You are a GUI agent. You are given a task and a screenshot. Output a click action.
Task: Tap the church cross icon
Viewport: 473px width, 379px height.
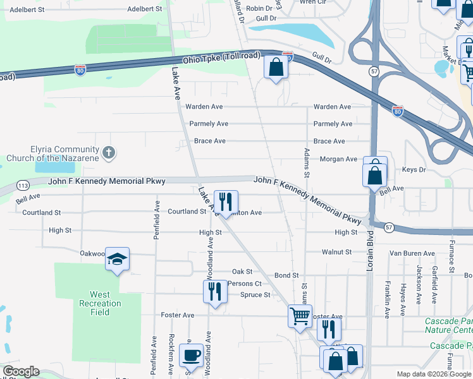tap(109, 152)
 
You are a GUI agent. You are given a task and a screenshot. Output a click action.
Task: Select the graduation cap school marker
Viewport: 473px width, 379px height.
tap(117, 259)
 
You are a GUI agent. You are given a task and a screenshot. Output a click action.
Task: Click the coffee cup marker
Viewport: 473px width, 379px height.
tap(190, 356)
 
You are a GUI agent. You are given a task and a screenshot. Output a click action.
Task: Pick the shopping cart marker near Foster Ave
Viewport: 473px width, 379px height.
tap(300, 315)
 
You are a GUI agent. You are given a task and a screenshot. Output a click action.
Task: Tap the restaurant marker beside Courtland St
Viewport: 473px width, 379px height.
tap(226, 202)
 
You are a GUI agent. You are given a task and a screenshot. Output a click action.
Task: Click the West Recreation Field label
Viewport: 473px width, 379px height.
tap(99, 303)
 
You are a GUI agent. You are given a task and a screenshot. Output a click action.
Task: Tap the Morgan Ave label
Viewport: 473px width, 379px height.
tap(338, 159)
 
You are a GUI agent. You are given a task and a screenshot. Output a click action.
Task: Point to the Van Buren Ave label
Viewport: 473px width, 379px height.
tap(412, 253)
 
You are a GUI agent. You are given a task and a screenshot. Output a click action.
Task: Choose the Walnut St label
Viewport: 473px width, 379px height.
tap(336, 252)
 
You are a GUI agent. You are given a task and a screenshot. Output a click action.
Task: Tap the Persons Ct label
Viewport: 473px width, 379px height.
tap(245, 284)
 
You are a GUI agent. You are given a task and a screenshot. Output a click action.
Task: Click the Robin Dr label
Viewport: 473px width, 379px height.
tap(259, 8)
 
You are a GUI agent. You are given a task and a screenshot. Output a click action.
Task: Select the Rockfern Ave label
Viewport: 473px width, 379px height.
tap(171, 354)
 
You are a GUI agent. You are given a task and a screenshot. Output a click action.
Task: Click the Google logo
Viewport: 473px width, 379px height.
tap(21, 371)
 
